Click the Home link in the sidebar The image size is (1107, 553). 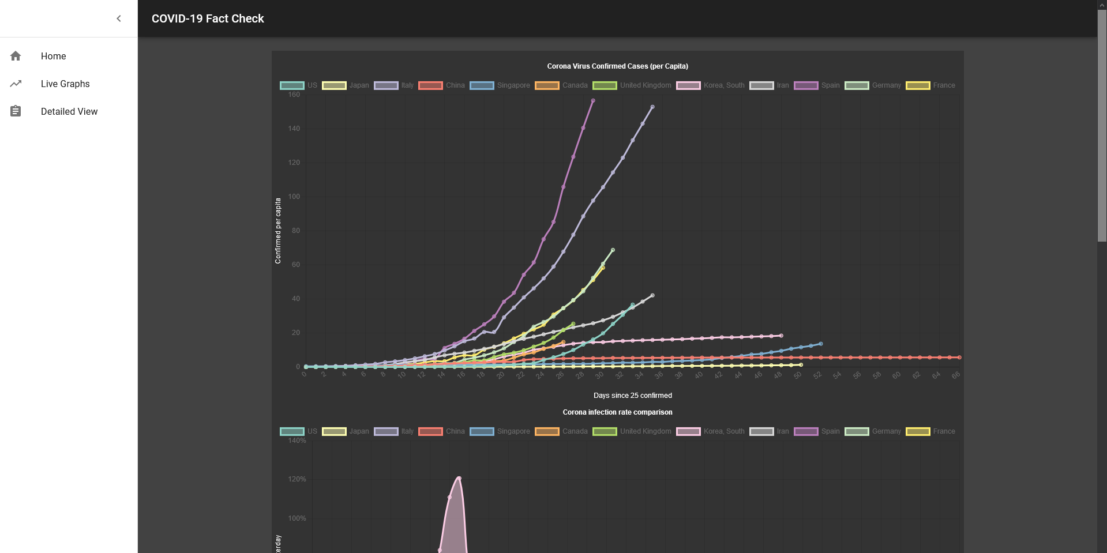tap(53, 56)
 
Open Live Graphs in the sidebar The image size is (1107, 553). tap(65, 84)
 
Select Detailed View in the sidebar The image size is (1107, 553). tap(69, 111)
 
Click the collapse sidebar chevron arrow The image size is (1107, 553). tap(119, 18)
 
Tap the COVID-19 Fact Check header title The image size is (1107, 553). tap(208, 18)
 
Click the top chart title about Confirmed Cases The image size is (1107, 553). tap(617, 66)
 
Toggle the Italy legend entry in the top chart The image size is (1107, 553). tap(394, 85)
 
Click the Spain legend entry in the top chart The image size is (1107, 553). tap(817, 85)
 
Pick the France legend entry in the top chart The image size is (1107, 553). tap(930, 85)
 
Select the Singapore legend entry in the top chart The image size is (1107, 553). tap(500, 85)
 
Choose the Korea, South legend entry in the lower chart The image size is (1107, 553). tap(711, 431)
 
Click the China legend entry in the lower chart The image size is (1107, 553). tap(442, 431)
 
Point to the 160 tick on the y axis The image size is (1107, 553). tap(294, 95)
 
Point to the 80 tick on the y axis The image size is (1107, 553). tap(296, 231)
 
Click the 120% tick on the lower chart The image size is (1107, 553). tap(297, 479)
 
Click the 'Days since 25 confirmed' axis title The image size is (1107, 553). tap(632, 396)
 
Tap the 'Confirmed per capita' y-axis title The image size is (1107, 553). tap(278, 231)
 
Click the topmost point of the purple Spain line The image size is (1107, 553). tap(593, 101)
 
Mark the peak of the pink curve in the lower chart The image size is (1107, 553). tap(459, 478)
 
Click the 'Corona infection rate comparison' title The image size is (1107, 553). tap(617, 412)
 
